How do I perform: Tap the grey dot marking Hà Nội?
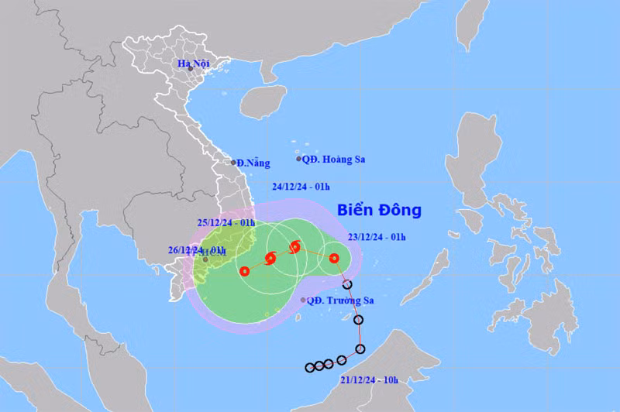tap(190, 69)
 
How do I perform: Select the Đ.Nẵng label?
tap(254, 163)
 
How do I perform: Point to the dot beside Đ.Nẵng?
tap(234, 163)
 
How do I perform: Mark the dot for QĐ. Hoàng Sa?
tap(299, 159)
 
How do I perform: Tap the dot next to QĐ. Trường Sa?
tap(302, 300)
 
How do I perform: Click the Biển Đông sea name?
tap(379, 210)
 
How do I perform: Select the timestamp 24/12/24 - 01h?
tap(301, 186)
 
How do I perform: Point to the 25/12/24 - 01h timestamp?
tap(226, 222)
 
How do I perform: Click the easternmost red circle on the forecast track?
tap(333, 259)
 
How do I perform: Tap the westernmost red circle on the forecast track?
tap(244, 271)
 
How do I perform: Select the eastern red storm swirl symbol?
tap(294, 248)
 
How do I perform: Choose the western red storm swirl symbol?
tap(270, 259)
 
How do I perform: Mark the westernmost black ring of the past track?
tap(309, 367)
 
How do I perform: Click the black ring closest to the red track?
tap(347, 285)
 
